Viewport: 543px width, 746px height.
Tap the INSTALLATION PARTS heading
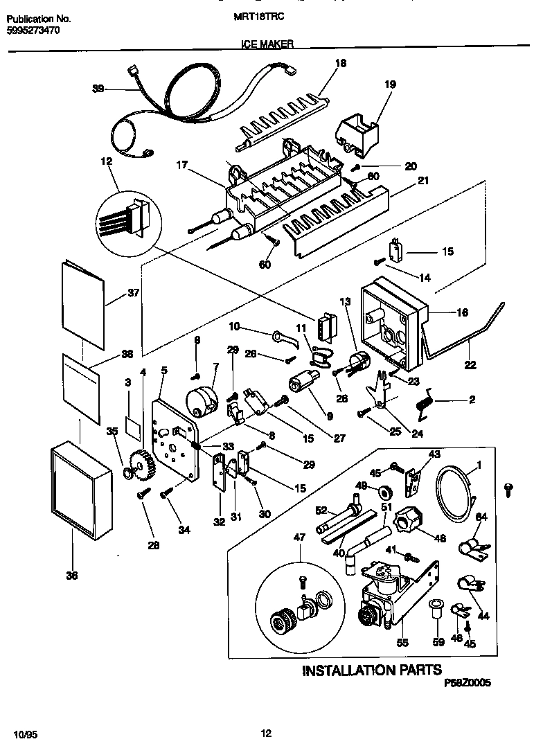point(371,670)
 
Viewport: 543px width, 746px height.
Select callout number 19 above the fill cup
point(390,85)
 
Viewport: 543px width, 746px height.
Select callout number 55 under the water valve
point(402,643)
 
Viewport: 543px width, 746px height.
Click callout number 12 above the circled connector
point(106,161)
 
